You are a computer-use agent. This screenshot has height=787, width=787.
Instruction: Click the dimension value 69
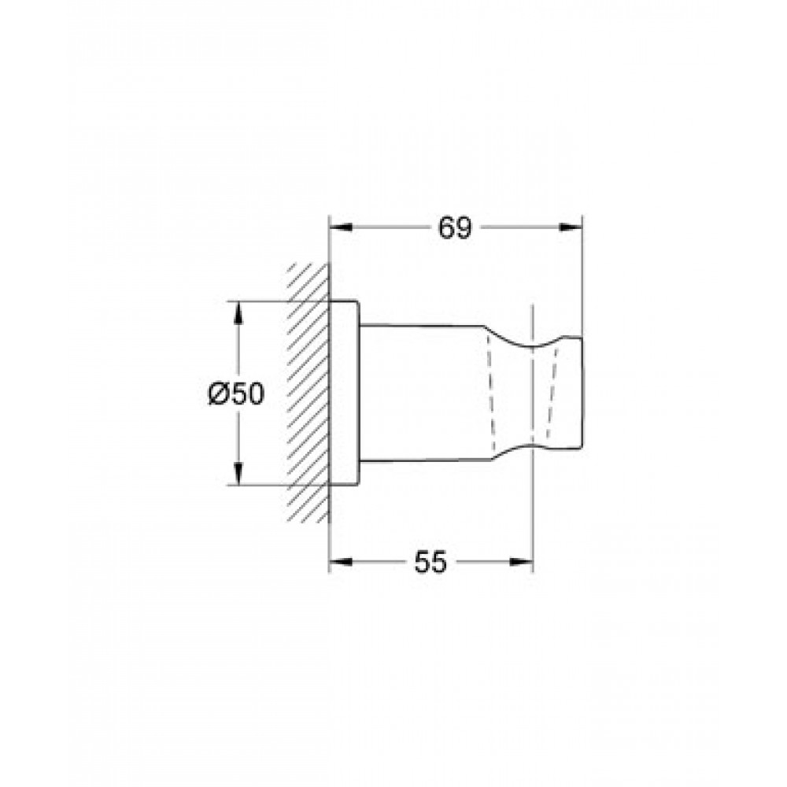click(x=455, y=228)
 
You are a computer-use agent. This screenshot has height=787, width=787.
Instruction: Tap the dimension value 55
click(x=430, y=562)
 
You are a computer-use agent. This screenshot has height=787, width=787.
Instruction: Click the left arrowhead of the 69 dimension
click(x=340, y=227)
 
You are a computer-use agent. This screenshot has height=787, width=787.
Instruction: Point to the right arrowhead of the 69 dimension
click(x=571, y=227)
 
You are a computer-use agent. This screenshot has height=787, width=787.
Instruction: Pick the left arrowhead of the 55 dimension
click(x=340, y=562)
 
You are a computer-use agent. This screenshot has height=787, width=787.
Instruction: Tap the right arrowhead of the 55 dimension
click(x=520, y=562)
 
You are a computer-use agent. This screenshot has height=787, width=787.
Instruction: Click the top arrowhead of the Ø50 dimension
click(x=238, y=312)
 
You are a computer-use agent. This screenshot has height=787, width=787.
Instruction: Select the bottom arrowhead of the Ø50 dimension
click(x=238, y=475)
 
